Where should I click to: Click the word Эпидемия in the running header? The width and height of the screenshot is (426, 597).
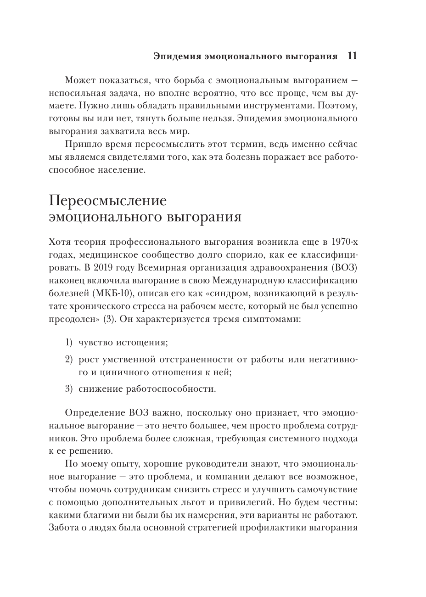(x=174, y=57)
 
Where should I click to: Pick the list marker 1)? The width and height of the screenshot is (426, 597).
(x=69, y=343)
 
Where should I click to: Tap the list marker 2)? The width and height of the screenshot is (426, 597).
(x=69, y=359)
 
